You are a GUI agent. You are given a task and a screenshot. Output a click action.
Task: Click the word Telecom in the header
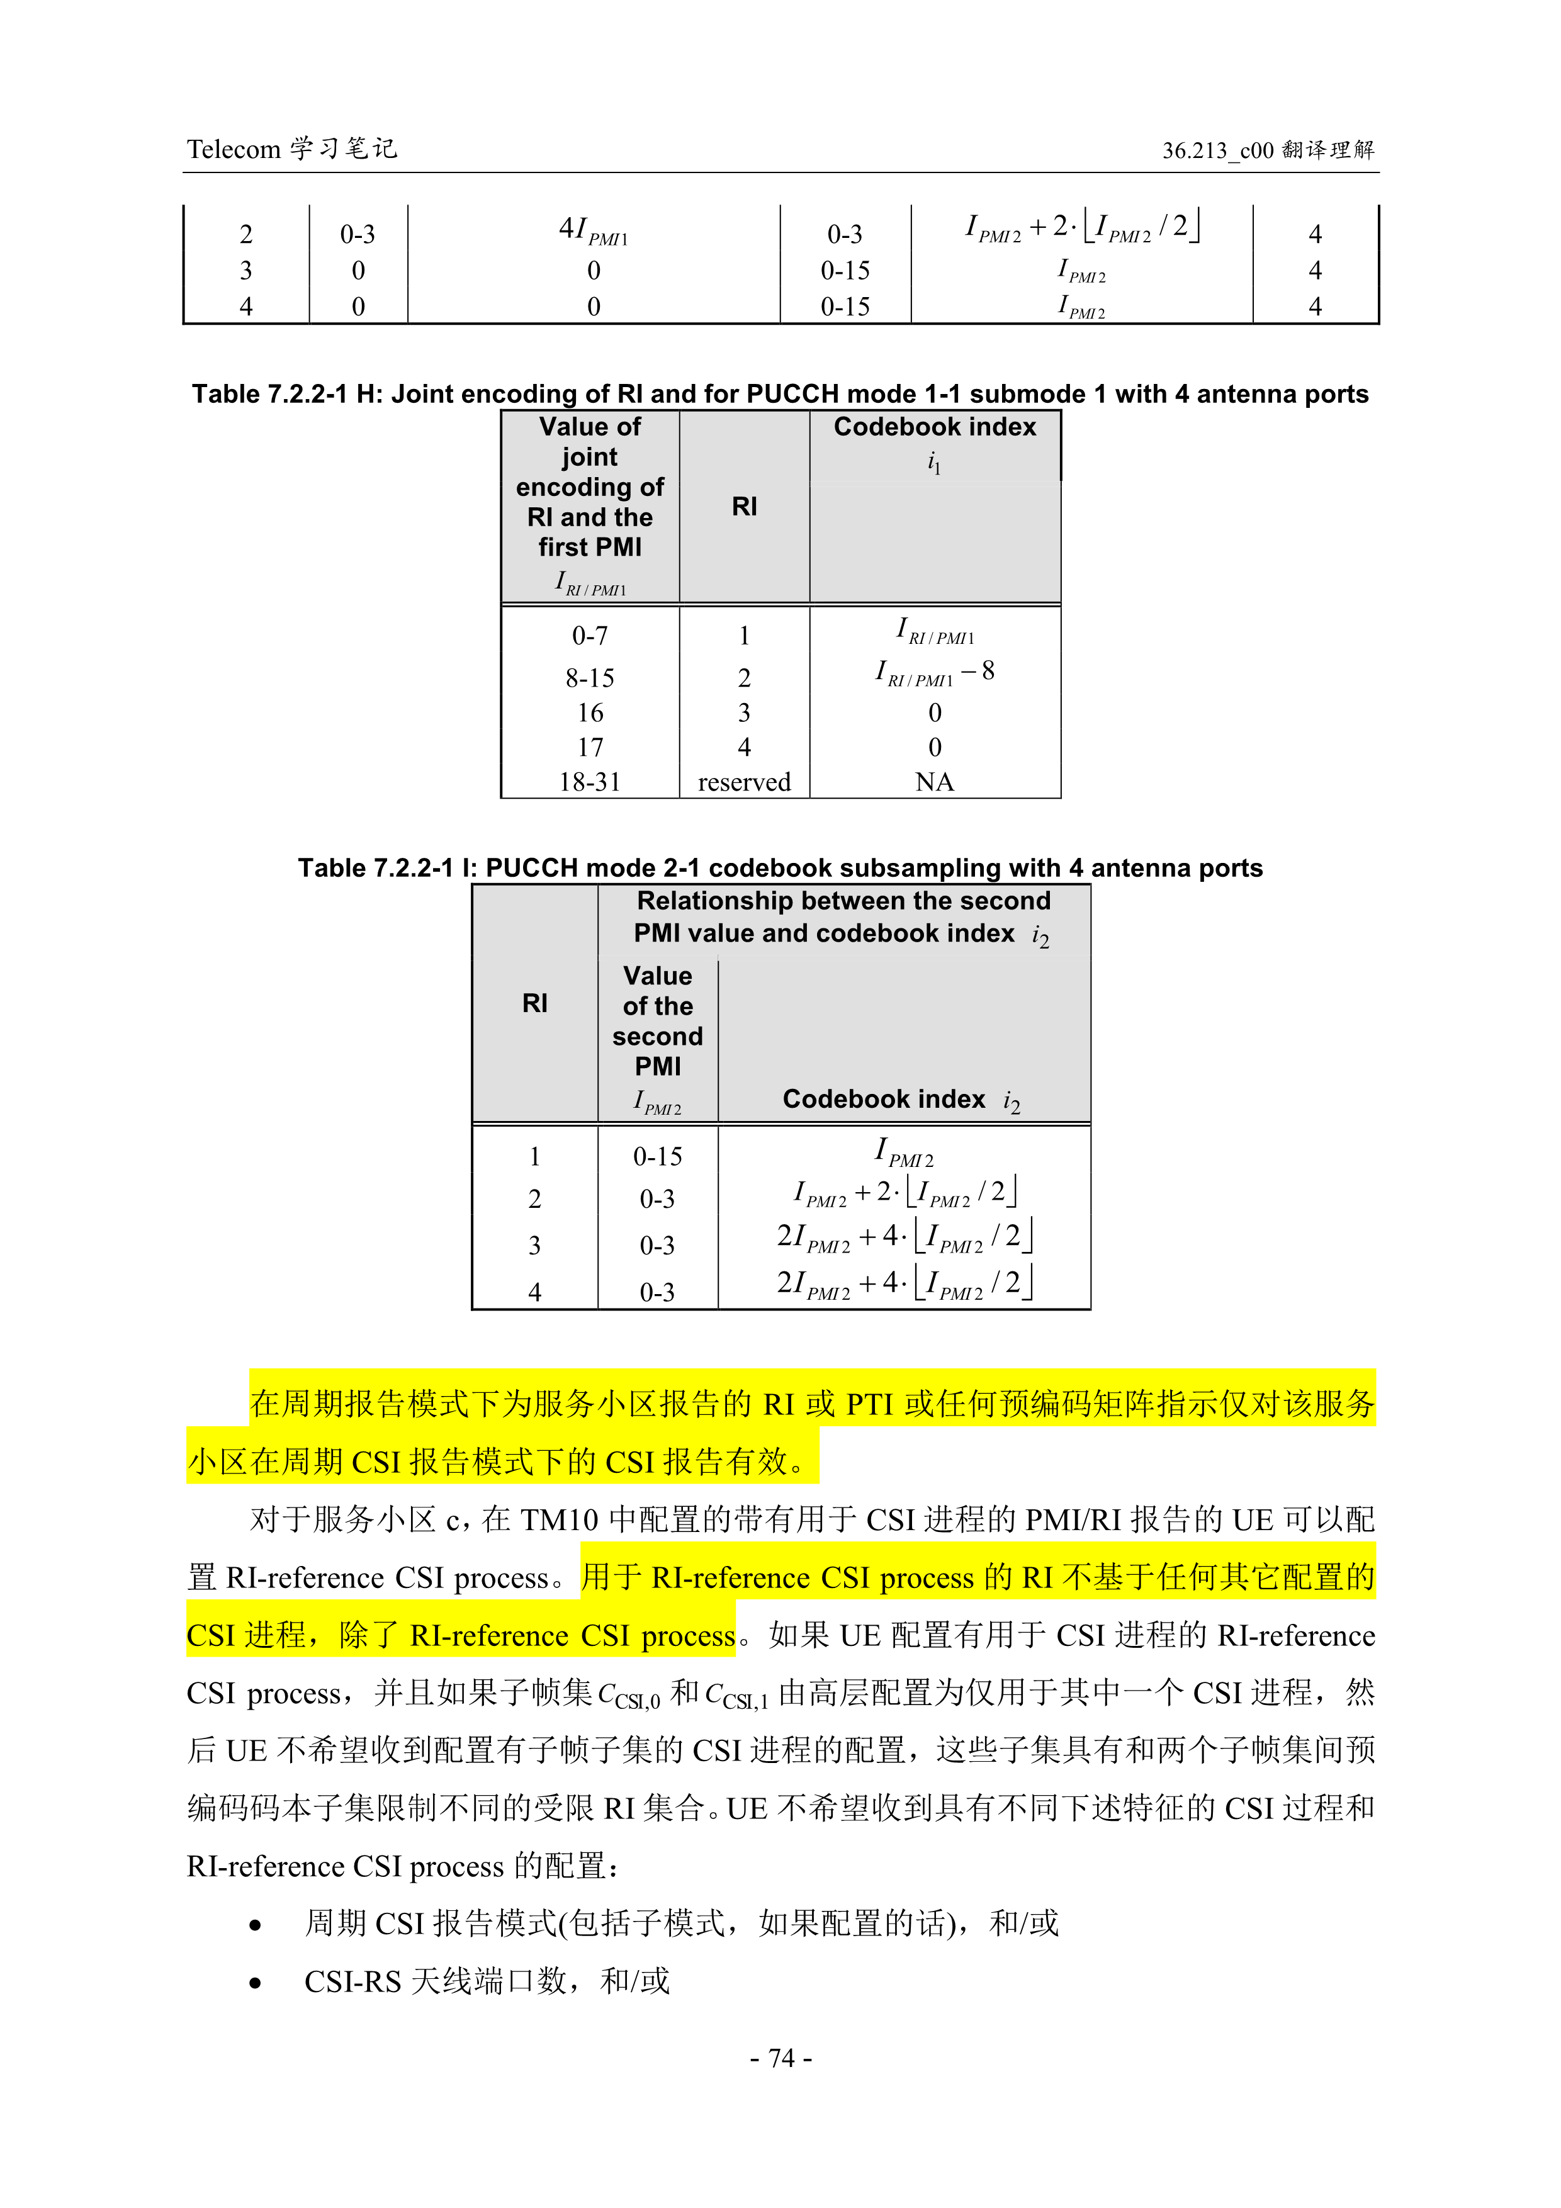click(x=233, y=149)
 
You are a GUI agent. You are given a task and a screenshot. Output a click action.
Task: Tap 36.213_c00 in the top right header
click(x=1217, y=150)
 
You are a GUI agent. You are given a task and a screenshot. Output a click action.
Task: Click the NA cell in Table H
click(x=934, y=782)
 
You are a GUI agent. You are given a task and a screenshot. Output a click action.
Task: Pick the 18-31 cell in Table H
click(x=590, y=782)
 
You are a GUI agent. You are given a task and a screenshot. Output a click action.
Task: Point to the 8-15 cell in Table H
click(x=590, y=678)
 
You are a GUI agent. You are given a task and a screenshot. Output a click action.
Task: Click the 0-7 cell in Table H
click(x=590, y=636)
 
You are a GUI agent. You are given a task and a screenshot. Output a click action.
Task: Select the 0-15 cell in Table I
click(x=657, y=1156)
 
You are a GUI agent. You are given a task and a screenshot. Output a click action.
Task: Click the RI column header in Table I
click(x=535, y=1003)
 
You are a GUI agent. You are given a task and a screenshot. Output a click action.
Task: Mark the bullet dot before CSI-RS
click(x=255, y=1982)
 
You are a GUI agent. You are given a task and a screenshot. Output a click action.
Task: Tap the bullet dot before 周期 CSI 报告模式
click(x=255, y=1924)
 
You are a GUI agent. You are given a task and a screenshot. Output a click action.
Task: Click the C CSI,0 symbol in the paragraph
click(x=629, y=1694)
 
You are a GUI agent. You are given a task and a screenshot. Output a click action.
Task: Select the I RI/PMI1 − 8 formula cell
click(x=934, y=672)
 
